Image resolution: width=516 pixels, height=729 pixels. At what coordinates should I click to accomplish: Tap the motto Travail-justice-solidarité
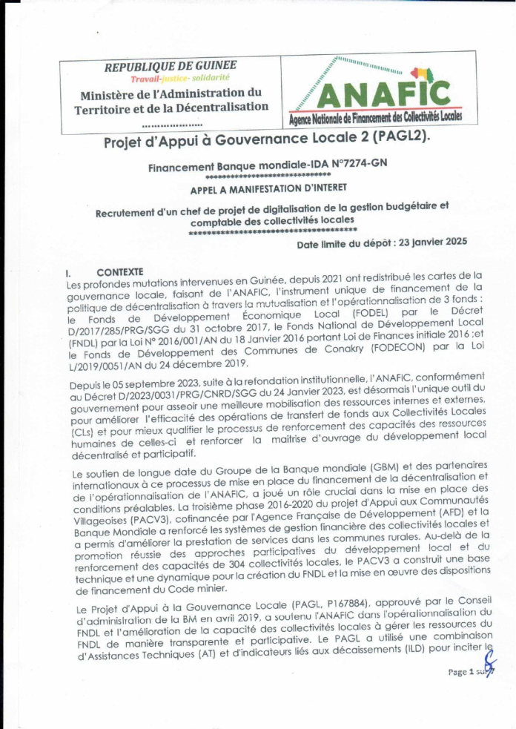point(180,78)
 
